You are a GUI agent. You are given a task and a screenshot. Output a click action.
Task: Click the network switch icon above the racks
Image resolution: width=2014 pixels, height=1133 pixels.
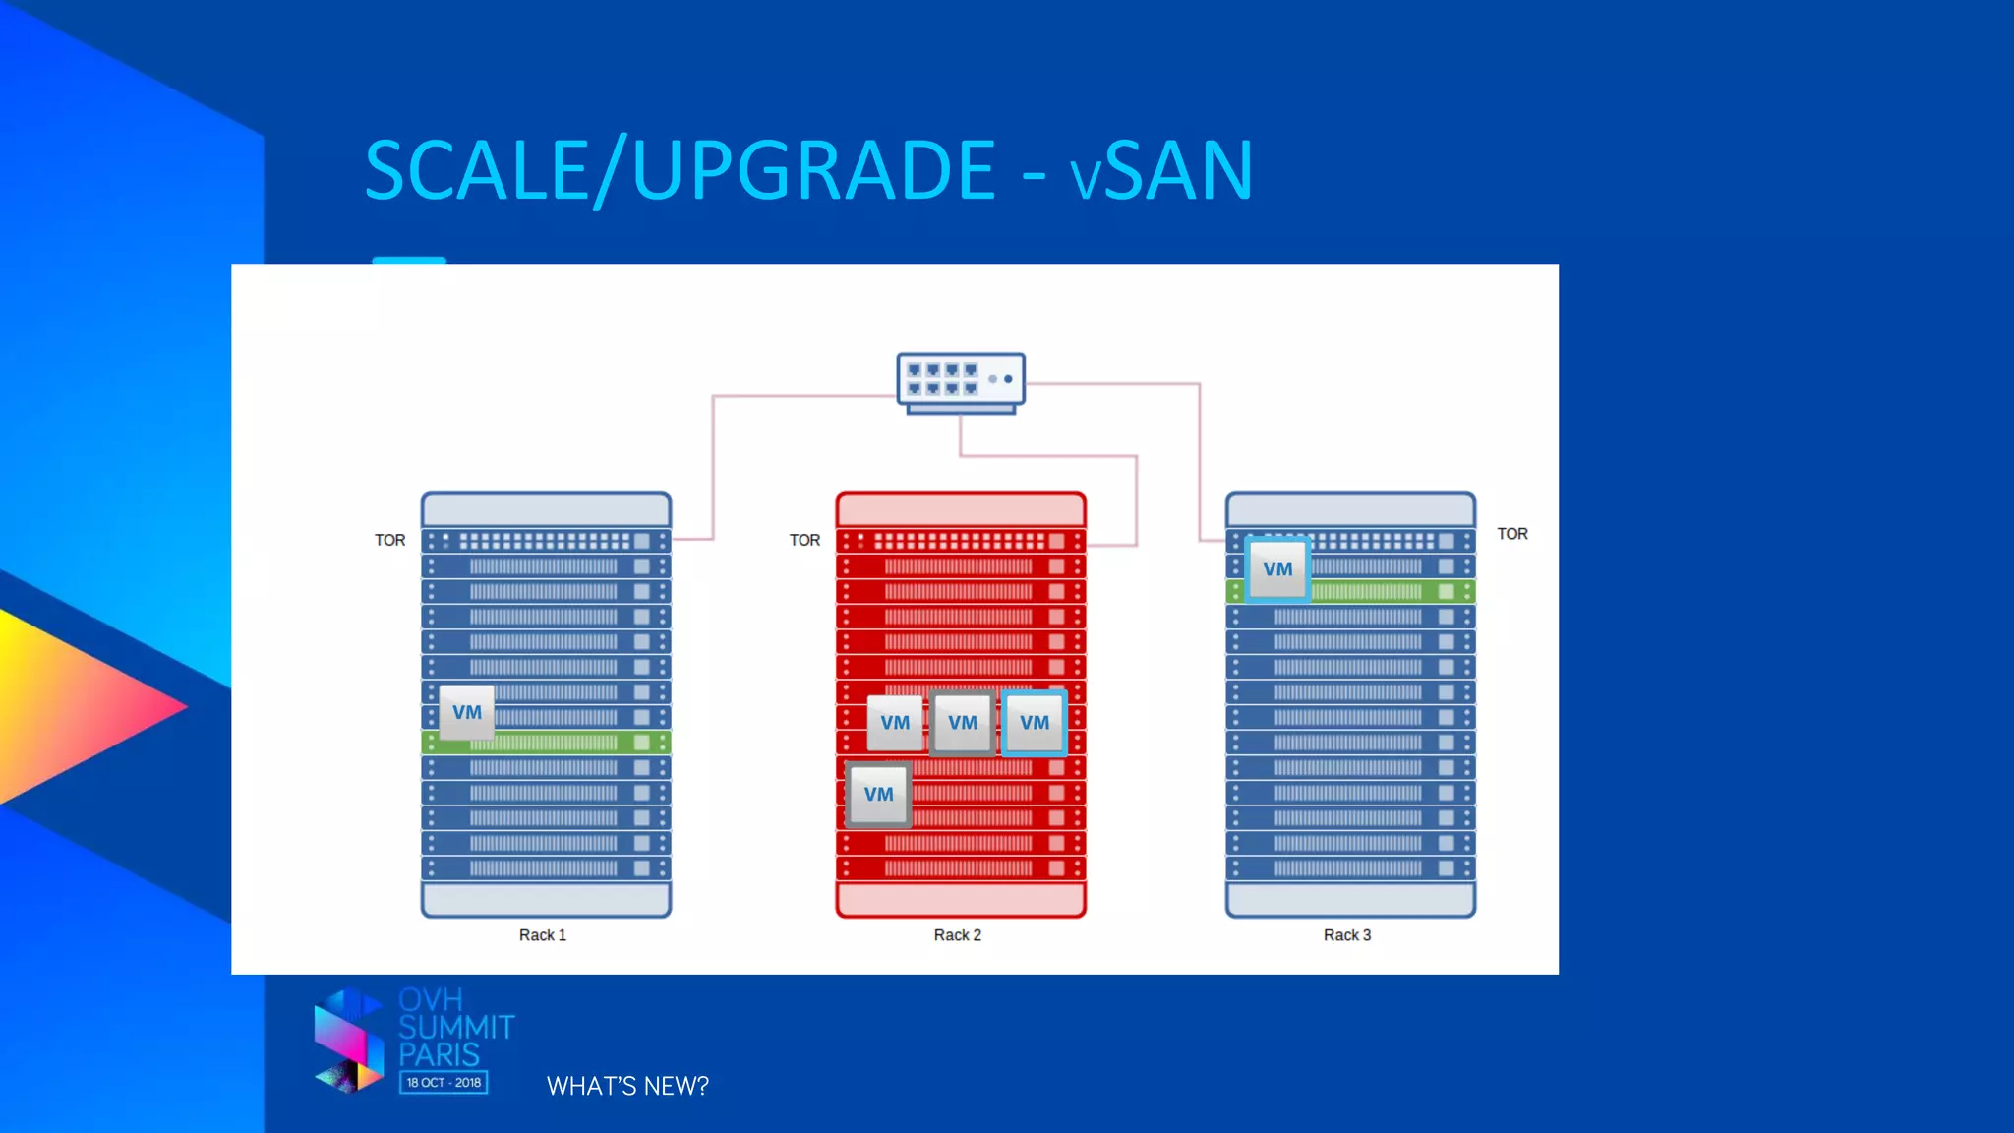point(960,382)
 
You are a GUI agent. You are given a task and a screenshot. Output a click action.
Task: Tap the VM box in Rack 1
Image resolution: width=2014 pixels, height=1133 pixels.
point(467,712)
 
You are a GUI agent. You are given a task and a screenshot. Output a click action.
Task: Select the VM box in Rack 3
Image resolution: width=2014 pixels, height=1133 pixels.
point(1277,568)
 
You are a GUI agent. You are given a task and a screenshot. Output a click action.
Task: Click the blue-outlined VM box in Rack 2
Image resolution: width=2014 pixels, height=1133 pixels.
point(1035,723)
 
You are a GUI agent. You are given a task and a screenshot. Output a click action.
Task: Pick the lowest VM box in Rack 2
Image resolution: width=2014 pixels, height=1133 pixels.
point(878,794)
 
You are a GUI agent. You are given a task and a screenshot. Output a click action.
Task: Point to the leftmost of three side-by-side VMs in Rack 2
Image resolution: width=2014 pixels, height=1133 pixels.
point(895,723)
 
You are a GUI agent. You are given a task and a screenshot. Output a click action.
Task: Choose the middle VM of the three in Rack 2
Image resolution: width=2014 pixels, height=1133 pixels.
point(963,723)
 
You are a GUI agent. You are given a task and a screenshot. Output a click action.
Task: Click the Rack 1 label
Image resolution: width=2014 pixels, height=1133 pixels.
point(543,935)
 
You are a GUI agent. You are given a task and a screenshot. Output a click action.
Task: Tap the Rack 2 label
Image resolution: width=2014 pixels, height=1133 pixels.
point(958,935)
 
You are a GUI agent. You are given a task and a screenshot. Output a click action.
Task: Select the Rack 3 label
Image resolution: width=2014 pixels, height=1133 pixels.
point(1347,935)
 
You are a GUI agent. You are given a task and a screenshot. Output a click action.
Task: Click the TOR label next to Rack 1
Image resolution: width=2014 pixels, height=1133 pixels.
point(389,540)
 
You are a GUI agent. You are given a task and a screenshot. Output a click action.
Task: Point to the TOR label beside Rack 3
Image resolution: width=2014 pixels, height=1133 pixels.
point(1512,534)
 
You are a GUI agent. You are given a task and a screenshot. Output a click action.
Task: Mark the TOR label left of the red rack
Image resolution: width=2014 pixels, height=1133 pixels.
point(804,540)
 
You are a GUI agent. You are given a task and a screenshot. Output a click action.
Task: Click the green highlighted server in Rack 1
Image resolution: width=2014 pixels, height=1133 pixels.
point(570,743)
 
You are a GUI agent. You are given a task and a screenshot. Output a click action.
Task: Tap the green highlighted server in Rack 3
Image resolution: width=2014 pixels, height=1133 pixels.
point(1377,592)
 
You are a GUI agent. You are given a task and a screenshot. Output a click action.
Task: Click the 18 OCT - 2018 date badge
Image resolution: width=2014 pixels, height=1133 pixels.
point(444,1083)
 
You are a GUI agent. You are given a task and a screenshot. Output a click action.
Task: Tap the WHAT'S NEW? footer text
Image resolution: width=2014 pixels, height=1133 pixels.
point(627,1086)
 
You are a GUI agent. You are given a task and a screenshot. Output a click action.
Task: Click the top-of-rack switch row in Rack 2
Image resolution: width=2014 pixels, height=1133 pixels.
point(960,541)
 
